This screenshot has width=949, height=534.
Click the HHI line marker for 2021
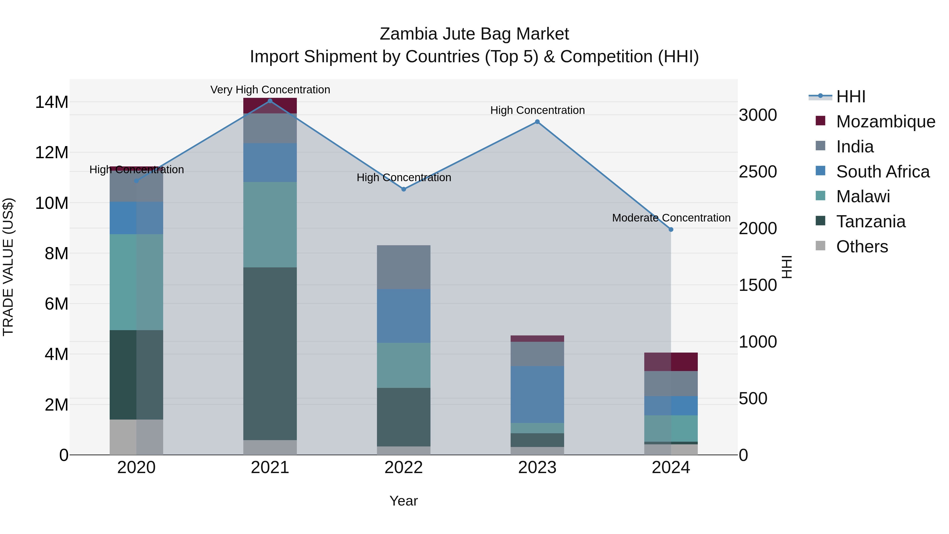tap(270, 101)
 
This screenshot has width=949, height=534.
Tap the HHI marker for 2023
tap(537, 122)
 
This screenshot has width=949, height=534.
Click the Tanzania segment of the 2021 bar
tap(270, 354)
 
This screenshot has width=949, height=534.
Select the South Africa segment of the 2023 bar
tap(537, 394)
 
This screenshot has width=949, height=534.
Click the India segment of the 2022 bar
tap(403, 267)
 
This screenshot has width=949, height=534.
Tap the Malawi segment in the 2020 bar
tap(136, 282)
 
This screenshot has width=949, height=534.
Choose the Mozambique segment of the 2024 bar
tap(671, 362)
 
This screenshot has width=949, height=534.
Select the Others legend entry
tap(862, 247)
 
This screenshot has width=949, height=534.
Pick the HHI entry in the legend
tap(850, 97)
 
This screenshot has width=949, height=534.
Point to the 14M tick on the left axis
tap(52, 102)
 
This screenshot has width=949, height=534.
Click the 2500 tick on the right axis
tap(758, 172)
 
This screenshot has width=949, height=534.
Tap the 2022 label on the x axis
tap(403, 468)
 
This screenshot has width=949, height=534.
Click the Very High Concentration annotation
tap(270, 90)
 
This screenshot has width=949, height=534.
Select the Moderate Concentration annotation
tap(671, 218)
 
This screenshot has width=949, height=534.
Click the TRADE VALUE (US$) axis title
tap(8, 267)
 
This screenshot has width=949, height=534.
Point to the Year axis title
tap(403, 501)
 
